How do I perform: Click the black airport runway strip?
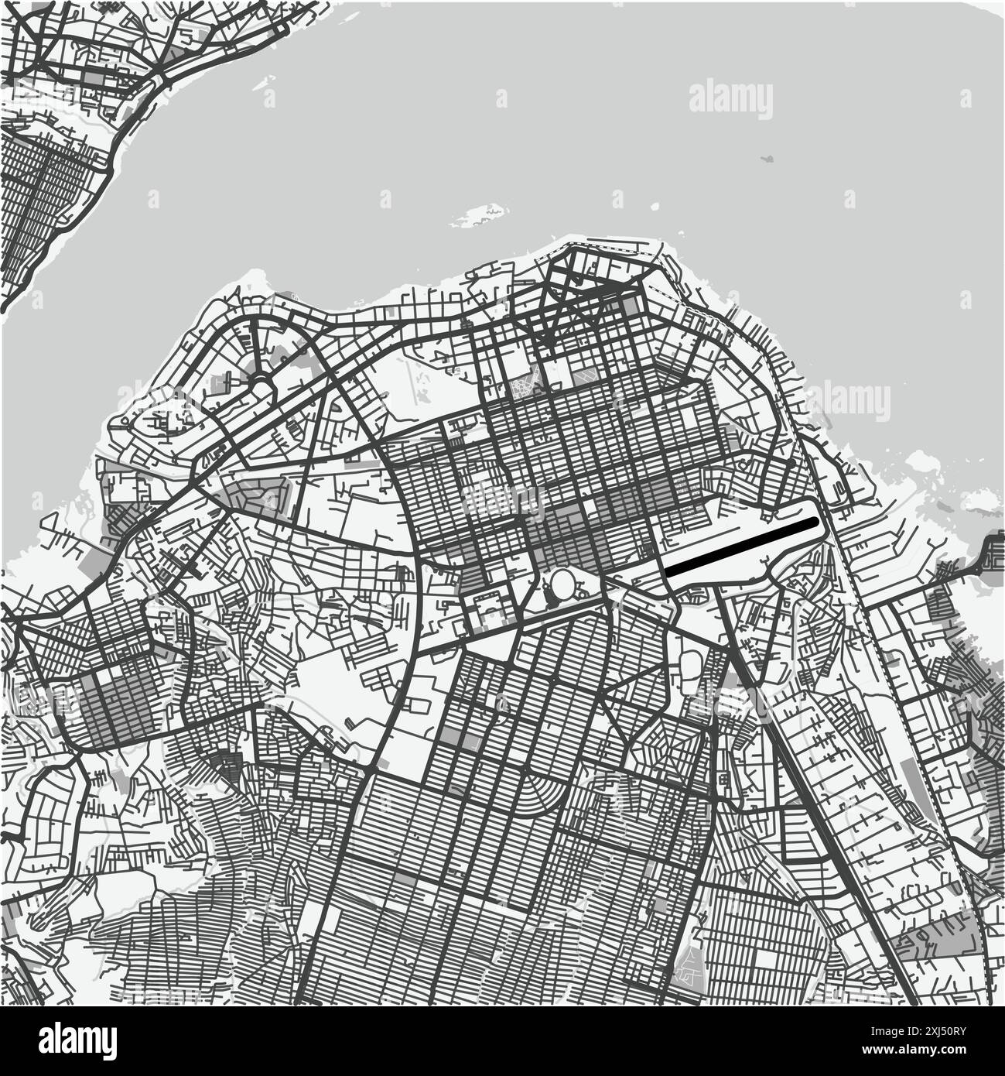tap(741, 547)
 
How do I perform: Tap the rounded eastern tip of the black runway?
tap(812, 523)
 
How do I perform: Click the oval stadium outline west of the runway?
tap(563, 584)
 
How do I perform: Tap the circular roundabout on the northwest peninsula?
tap(262, 384)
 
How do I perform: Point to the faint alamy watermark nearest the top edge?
tap(730, 101)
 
